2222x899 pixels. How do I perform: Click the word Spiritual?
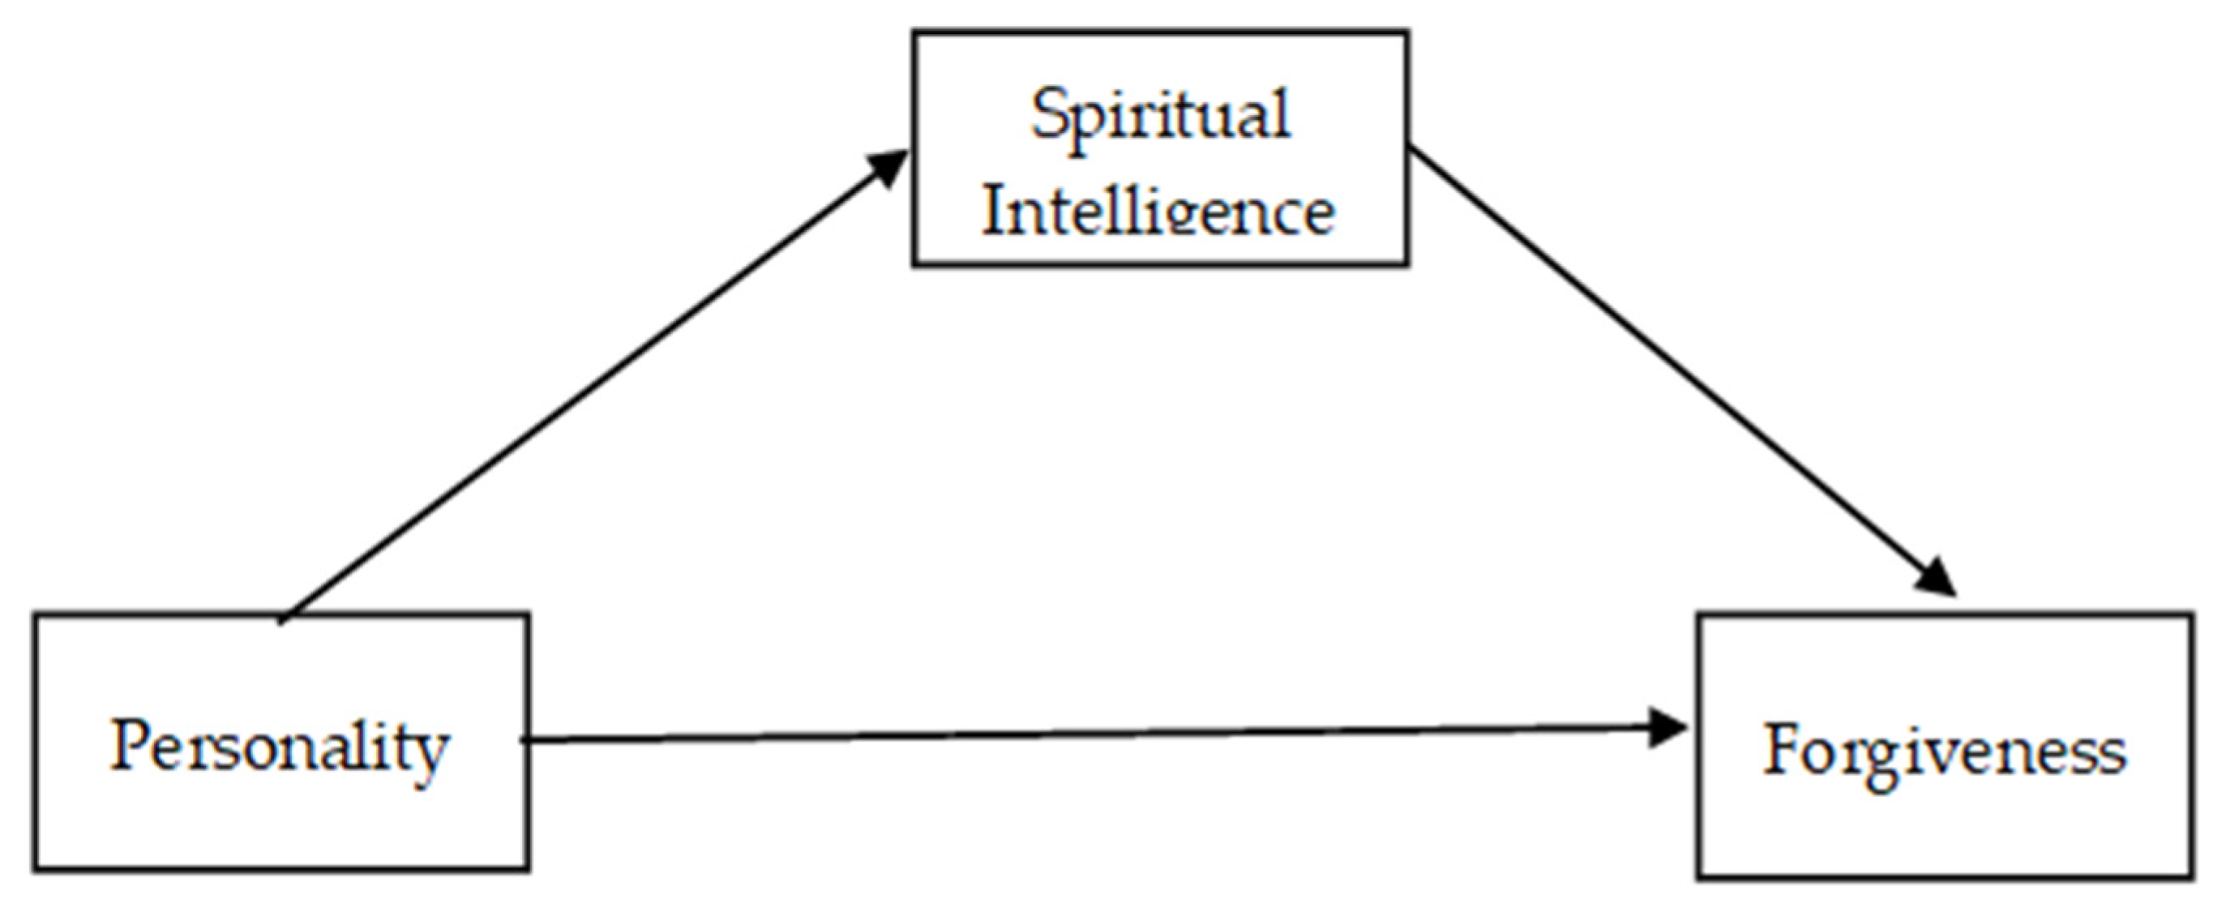(x=1160, y=115)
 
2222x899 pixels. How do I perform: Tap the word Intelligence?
(x=1158, y=211)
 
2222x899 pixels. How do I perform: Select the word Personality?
(x=280, y=747)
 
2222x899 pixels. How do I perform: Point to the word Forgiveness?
(x=1944, y=751)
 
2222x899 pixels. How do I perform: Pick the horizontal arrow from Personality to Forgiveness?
(x=1087, y=734)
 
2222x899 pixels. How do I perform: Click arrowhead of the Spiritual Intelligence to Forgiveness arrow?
(x=1937, y=578)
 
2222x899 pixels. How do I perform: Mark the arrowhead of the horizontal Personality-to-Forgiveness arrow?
(x=1669, y=727)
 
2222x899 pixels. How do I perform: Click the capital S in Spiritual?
(x=1049, y=113)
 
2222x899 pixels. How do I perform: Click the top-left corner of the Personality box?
(x=36, y=615)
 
